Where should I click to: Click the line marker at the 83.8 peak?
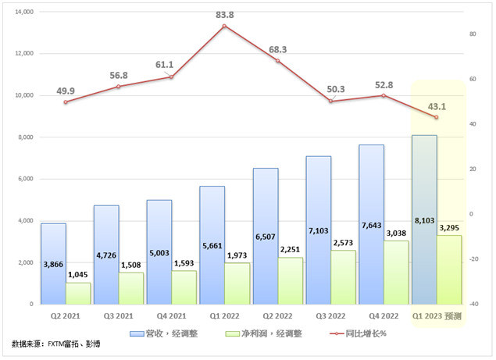(x=225, y=26)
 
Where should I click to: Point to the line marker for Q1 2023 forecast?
(x=436, y=117)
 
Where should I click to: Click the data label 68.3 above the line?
(x=277, y=49)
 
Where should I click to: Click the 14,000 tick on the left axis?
(x=24, y=12)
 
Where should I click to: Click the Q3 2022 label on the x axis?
(x=331, y=316)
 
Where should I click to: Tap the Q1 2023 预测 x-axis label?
(x=437, y=316)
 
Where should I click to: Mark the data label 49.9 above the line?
(x=66, y=91)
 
